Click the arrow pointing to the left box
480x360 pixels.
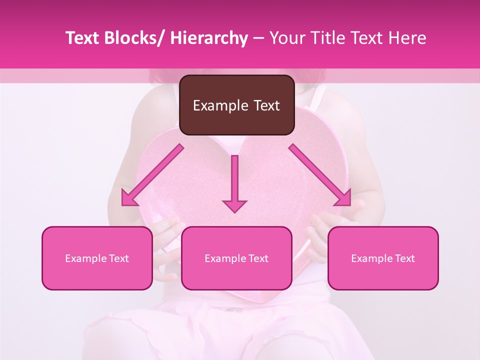152,175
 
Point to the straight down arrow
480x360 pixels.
234,180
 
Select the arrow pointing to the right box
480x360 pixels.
320,175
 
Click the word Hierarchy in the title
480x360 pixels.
208,38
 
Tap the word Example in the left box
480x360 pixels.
83,258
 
